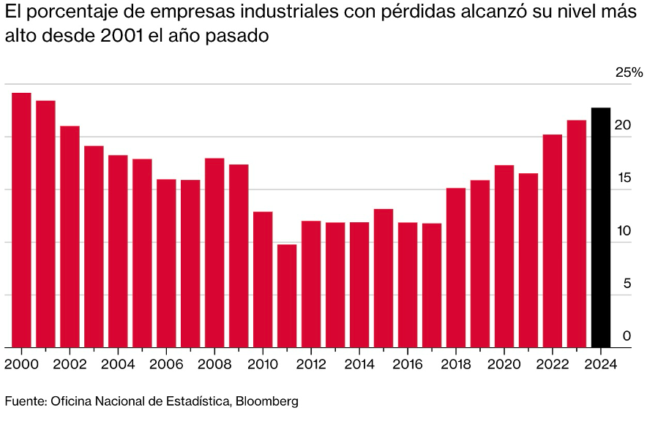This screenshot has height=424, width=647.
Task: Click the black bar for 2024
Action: point(600,227)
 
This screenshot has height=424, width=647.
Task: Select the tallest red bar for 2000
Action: point(21,220)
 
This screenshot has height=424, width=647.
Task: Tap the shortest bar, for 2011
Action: point(287,295)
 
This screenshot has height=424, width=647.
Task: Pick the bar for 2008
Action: point(214,252)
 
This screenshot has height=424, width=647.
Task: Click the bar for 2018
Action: point(456,268)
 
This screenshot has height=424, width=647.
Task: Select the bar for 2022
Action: point(552,241)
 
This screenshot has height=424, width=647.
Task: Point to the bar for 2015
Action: point(384,278)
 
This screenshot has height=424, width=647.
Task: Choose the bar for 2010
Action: point(263,279)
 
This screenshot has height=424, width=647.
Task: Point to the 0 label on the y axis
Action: point(627,336)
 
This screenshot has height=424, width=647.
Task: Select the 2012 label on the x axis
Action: point(311,364)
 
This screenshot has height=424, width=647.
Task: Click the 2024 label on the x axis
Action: point(600,364)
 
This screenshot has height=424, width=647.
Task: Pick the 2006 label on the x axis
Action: point(166,364)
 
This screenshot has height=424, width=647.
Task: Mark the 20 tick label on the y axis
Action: point(622,126)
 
